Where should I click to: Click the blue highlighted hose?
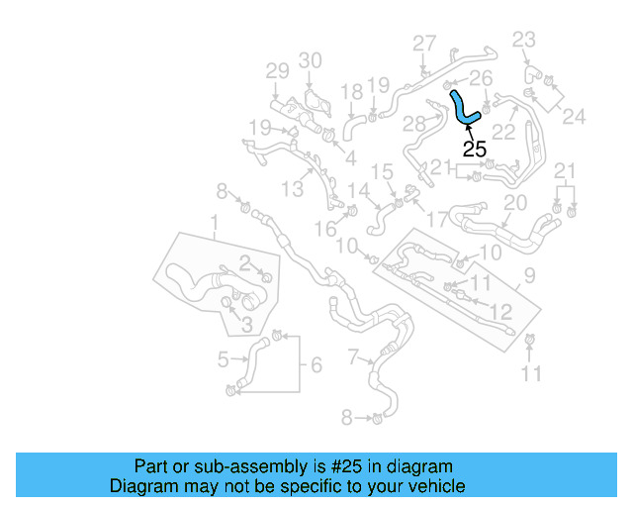pyautogui.click(x=462, y=107)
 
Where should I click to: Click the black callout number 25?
pyautogui.click(x=475, y=150)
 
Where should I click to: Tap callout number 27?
pyautogui.click(x=424, y=44)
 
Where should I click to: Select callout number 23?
pyautogui.click(x=523, y=40)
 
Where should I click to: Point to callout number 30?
pyautogui.click(x=311, y=60)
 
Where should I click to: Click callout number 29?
pyautogui.click(x=277, y=70)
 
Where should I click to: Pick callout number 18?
pyautogui.click(x=352, y=91)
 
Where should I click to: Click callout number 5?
pyautogui.click(x=224, y=359)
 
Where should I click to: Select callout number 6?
pyautogui.click(x=316, y=365)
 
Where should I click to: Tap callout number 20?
pyautogui.click(x=514, y=202)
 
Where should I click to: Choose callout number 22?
pyautogui.click(x=503, y=131)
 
